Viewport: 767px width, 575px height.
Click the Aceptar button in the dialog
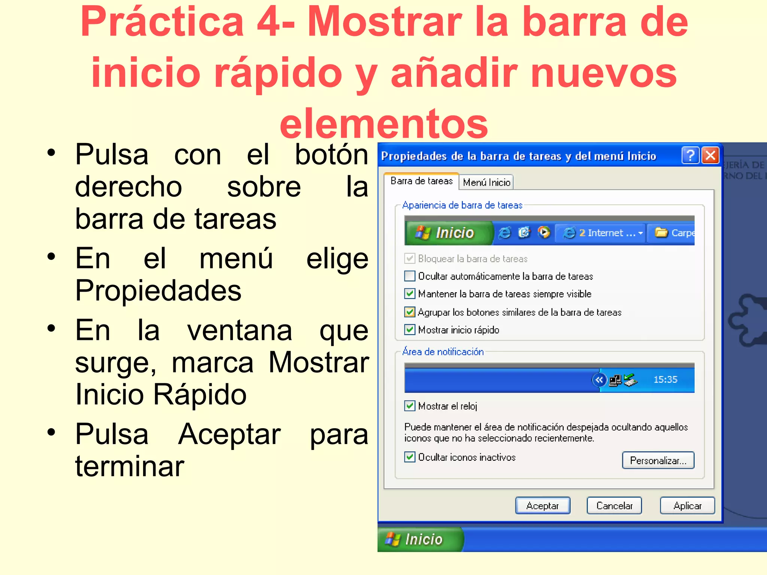tap(543, 506)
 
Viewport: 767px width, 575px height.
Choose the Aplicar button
tap(687, 506)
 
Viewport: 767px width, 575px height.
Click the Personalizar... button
tap(658, 460)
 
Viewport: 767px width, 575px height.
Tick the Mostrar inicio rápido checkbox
tap(410, 330)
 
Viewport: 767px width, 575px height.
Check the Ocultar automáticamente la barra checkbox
tap(410, 276)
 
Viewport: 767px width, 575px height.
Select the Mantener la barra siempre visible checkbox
tap(410, 294)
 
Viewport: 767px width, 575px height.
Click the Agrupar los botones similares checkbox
tap(410, 312)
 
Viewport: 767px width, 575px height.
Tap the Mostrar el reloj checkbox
tap(410, 406)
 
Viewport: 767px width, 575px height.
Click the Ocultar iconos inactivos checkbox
tap(410, 457)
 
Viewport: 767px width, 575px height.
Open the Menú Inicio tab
tap(486, 182)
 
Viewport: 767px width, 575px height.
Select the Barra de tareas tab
tap(421, 181)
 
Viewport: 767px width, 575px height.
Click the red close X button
tap(710, 155)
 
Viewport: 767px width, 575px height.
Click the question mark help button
tap(691, 155)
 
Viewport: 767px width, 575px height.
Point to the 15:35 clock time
tap(665, 380)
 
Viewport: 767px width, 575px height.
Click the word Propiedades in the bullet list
tap(158, 290)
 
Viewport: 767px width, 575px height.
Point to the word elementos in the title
tap(384, 123)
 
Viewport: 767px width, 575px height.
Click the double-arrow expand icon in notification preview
tap(599, 380)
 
